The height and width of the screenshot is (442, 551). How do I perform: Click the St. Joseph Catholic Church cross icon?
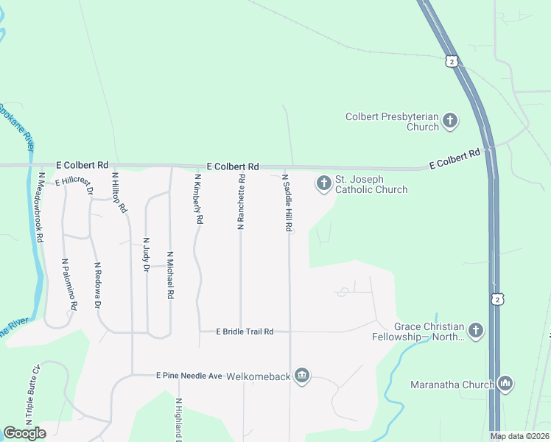tap(323, 183)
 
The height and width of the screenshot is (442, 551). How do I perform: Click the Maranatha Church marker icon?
tap(505, 384)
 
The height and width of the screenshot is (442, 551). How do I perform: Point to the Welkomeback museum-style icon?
tap(301, 376)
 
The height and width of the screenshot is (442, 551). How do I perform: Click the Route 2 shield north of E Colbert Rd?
tap(451, 61)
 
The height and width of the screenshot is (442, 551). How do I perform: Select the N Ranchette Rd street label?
tap(241, 202)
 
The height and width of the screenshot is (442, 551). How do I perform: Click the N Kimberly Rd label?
tap(197, 199)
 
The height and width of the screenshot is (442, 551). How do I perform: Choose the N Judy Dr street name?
tap(146, 251)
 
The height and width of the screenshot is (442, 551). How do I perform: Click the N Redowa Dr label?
tap(96, 284)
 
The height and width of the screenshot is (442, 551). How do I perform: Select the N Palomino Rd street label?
tap(69, 284)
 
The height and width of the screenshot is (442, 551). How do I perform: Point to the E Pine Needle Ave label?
tap(189, 376)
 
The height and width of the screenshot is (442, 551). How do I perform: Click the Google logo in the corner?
tap(25, 433)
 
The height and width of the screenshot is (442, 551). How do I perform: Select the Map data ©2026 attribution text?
tap(519, 436)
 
